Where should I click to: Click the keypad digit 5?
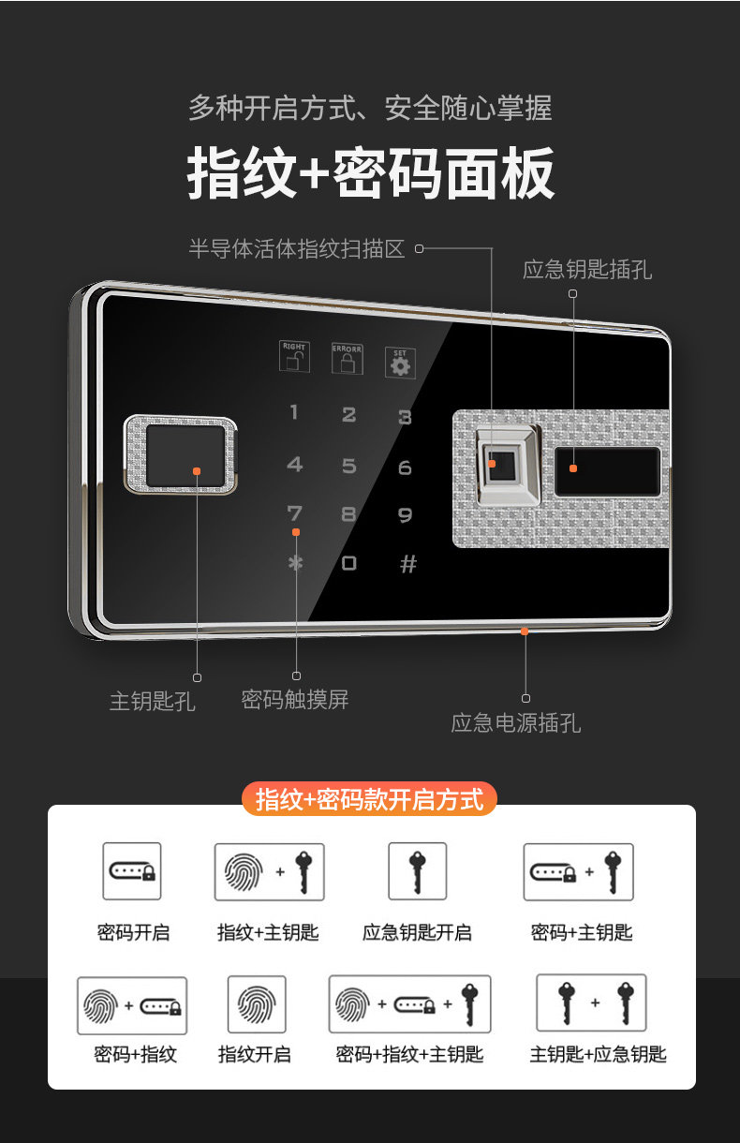(x=349, y=466)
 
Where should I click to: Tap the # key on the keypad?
(x=407, y=564)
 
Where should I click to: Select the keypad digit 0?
(x=349, y=563)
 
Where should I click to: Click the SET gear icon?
(x=401, y=364)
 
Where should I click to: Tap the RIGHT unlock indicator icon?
(x=294, y=358)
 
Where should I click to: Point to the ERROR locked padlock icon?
(x=348, y=360)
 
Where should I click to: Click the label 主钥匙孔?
(x=152, y=701)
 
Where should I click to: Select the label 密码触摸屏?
(x=295, y=699)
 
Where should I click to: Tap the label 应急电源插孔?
(x=516, y=722)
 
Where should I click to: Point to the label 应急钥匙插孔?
(x=587, y=270)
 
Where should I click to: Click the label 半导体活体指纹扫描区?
(x=297, y=248)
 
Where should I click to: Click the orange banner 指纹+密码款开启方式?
(x=369, y=800)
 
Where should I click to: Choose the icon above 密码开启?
(x=132, y=871)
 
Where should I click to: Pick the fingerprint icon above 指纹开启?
(x=256, y=1004)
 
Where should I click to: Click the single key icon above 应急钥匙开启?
(x=417, y=871)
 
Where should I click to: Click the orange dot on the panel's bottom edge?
(x=525, y=631)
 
